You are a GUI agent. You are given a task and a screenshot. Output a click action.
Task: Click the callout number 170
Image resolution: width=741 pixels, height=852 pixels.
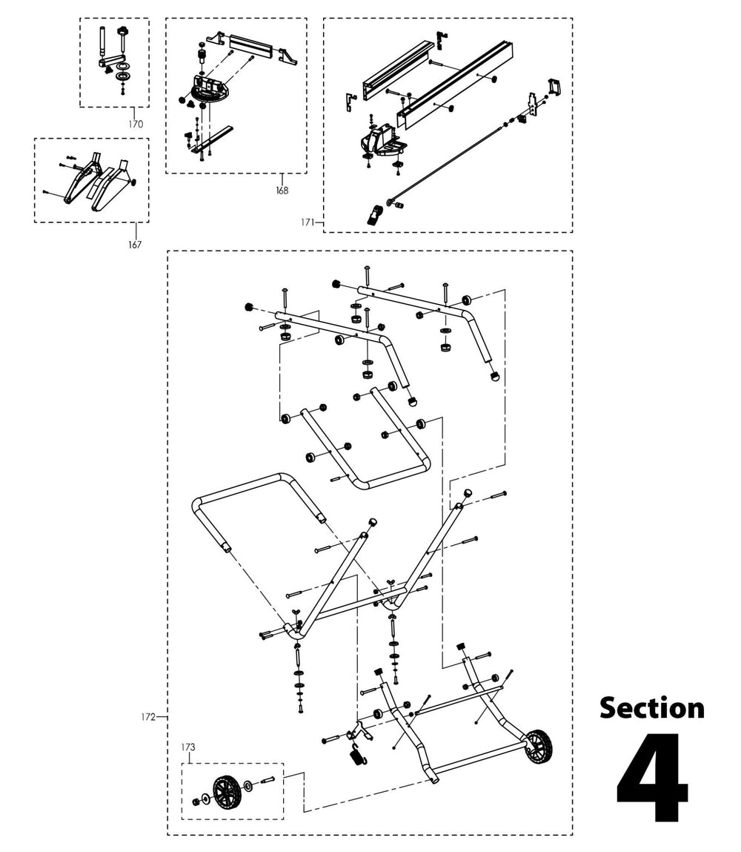(x=135, y=124)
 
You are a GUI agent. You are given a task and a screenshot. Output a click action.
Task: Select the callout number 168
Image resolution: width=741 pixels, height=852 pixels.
(x=282, y=191)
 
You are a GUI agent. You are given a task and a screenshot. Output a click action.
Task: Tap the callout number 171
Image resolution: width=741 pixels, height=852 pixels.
(x=308, y=222)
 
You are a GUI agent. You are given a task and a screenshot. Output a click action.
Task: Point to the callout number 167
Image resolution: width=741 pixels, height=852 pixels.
(x=134, y=244)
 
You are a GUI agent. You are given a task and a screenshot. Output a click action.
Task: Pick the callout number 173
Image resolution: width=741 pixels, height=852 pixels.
(x=191, y=747)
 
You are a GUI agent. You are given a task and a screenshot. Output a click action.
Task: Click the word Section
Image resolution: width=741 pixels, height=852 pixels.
(x=651, y=707)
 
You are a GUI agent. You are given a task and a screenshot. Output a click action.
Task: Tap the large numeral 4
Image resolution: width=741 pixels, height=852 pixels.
(x=652, y=779)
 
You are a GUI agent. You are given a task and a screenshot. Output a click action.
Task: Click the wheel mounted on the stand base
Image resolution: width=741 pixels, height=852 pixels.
(x=539, y=746)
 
